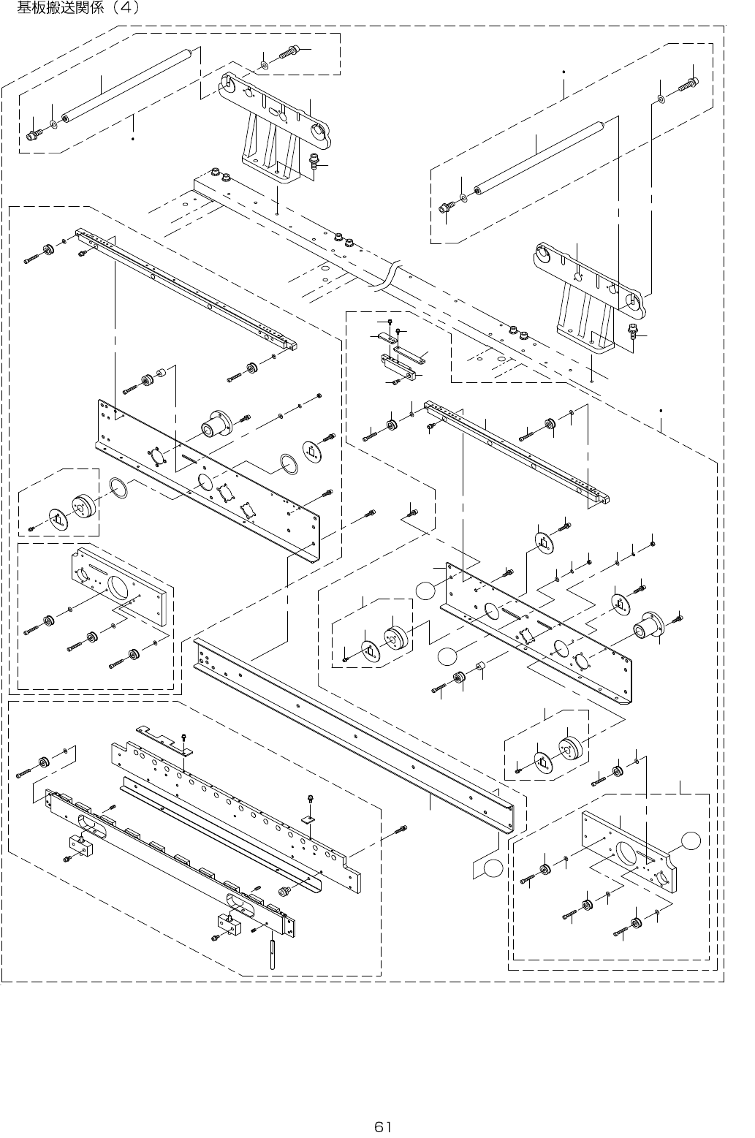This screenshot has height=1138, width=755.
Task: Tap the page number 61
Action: point(384,1126)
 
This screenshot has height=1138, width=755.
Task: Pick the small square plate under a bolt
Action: point(308,819)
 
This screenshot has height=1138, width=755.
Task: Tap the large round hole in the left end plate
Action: point(118,588)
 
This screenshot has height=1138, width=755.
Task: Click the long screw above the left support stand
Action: point(289,52)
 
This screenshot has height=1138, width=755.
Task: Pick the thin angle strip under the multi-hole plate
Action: point(219,833)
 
